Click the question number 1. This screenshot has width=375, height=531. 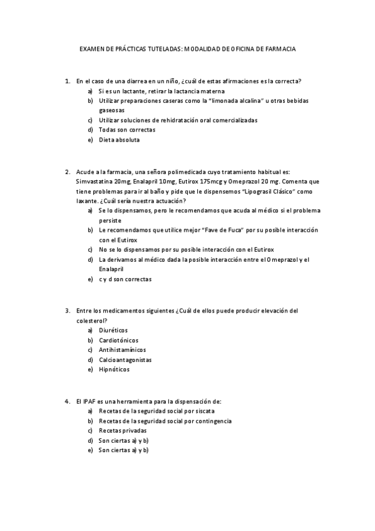[68, 81]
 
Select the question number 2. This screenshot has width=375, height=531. [68, 171]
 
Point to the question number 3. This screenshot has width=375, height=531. [68, 311]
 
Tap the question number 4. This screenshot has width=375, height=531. [68, 401]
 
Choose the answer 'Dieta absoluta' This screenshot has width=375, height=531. [119, 140]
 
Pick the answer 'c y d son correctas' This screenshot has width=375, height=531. [125, 279]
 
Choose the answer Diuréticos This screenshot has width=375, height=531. [113, 330]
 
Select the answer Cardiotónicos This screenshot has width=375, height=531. [119, 340]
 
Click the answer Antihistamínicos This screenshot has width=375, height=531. [123, 350]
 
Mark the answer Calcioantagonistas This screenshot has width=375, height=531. [125, 360]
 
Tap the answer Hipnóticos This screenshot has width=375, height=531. [114, 369]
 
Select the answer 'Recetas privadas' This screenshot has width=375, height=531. [123, 430]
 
